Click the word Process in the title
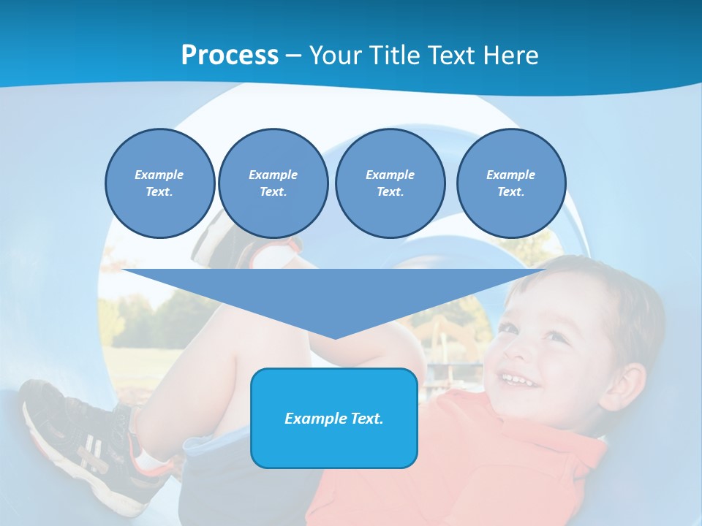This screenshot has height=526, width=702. pyautogui.click(x=230, y=56)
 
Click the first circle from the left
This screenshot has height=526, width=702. pyautogui.click(x=159, y=183)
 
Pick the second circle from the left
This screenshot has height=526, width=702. pyautogui.click(x=273, y=183)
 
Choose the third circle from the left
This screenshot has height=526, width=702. pyautogui.click(x=390, y=183)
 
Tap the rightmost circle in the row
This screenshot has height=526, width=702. pyautogui.click(x=510, y=183)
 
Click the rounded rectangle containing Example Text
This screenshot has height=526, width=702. pyautogui.click(x=334, y=418)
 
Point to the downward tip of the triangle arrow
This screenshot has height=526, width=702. pyautogui.click(x=335, y=337)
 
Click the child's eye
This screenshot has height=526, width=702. pyautogui.click(x=556, y=337)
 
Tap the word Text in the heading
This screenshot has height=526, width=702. pyautogui.click(x=456, y=56)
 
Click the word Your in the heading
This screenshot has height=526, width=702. pyautogui.click(x=336, y=56)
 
